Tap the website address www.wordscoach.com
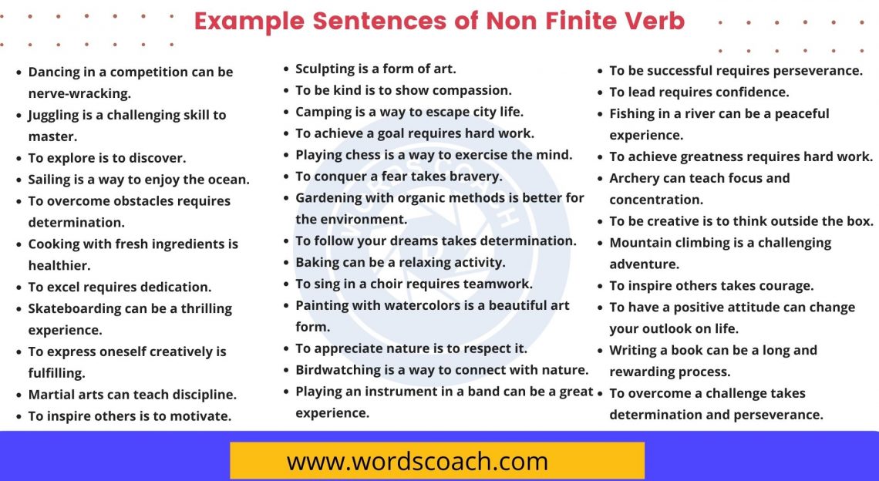pos(417,462)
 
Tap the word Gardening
pos(331,197)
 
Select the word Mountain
pos(639,243)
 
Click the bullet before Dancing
pos(19,72)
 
